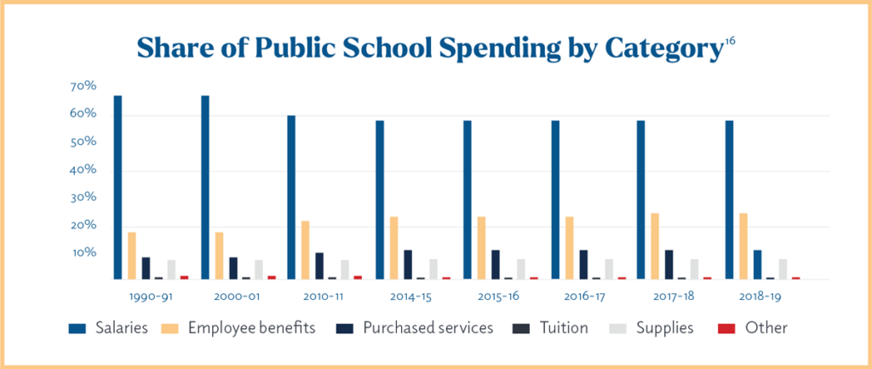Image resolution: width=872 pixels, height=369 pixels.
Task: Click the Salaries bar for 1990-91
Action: pos(118,187)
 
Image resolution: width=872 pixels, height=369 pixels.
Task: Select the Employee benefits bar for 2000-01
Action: pos(219,256)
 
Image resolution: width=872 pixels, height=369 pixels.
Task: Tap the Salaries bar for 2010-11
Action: pos(291,197)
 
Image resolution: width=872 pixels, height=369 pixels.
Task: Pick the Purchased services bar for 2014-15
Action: pos(408,264)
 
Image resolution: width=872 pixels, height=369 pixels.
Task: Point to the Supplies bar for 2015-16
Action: pos(521,269)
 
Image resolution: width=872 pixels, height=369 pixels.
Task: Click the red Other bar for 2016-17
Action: pos(622,278)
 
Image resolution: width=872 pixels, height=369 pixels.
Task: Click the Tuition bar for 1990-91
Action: pos(158,278)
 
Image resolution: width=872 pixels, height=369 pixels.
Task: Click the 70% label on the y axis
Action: pos(83,87)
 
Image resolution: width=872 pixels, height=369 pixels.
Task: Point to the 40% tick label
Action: pos(83,170)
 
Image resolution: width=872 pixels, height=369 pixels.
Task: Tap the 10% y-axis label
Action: pos(83,253)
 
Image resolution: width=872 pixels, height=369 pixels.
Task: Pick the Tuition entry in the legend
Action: pos(560,327)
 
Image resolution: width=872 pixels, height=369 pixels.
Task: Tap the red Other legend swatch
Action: pos(729,327)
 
